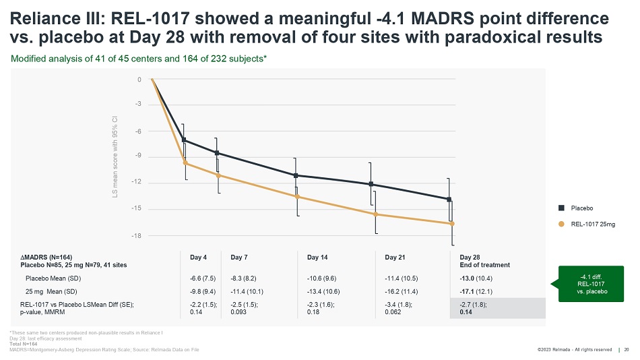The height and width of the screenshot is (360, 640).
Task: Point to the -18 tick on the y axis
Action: pyautogui.click(x=139, y=235)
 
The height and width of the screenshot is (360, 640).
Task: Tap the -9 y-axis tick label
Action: pyautogui.click(x=139, y=157)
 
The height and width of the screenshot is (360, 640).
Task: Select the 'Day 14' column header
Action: pyautogui.click(x=317, y=257)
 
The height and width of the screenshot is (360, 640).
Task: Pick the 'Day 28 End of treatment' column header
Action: pyautogui.click(x=484, y=261)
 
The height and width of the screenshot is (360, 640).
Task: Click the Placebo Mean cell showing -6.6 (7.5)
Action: pyautogui.click(x=203, y=278)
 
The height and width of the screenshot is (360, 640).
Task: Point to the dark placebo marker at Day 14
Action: pyautogui.click(x=296, y=175)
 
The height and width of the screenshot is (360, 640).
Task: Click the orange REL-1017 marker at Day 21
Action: pyautogui.click(x=376, y=214)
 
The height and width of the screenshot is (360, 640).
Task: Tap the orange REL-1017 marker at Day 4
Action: pyautogui.click(x=185, y=163)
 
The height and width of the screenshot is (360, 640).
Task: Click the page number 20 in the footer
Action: pyautogui.click(x=627, y=349)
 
